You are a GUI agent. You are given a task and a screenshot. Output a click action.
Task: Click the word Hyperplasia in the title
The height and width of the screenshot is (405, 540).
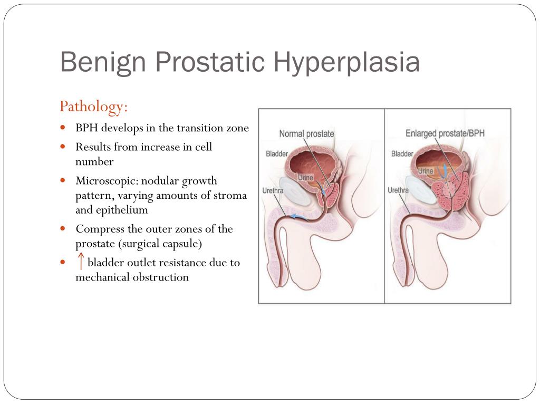tap(346, 63)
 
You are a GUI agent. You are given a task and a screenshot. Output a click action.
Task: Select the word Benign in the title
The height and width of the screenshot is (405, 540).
tap(103, 63)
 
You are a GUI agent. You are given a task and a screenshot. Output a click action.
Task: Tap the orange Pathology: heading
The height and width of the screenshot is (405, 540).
tap(94, 107)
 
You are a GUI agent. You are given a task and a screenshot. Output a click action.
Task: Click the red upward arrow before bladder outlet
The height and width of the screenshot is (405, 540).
tap(81, 261)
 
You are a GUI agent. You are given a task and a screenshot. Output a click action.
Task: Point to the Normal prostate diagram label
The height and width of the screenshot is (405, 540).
tap(306, 133)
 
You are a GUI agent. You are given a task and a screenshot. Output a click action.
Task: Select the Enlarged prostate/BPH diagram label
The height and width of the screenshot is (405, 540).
tap(445, 133)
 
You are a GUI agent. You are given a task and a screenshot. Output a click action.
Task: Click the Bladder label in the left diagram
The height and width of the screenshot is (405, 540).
tap(277, 153)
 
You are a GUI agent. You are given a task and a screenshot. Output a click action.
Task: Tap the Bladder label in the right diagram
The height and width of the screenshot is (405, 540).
tap(402, 153)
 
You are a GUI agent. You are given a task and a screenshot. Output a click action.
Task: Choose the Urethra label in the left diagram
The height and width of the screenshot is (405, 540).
tap(273, 190)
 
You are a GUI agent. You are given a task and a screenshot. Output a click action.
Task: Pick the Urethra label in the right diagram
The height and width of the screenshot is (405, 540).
tap(398, 190)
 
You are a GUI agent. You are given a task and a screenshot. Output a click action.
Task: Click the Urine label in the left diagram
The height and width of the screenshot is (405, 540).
tap(305, 178)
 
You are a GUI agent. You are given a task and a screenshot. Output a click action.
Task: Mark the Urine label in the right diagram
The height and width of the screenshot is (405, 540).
tap(426, 171)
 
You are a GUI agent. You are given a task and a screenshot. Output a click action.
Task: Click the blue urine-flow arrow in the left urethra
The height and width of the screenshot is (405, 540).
tap(298, 217)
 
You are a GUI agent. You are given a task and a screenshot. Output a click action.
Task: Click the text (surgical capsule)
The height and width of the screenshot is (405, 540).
tap(160, 244)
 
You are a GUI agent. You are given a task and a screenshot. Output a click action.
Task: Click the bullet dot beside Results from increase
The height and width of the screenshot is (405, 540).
tap(63, 147)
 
